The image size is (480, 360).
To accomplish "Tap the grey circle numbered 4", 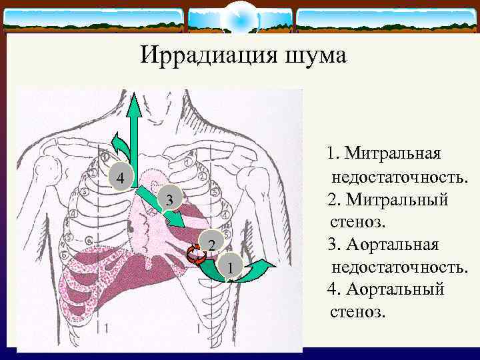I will [x=120, y=177].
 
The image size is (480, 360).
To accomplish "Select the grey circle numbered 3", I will [x=169, y=199].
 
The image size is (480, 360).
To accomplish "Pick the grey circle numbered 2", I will [x=211, y=245].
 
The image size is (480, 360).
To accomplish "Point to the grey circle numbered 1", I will [x=230, y=267].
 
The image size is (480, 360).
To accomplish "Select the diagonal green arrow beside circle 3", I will [x=160, y=208].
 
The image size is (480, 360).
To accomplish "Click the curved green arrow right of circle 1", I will [x=260, y=271].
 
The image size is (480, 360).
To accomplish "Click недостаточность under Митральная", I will [x=397, y=177].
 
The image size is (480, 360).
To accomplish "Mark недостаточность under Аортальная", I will [x=397, y=267].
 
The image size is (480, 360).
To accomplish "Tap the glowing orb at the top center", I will [x=239, y=19].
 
